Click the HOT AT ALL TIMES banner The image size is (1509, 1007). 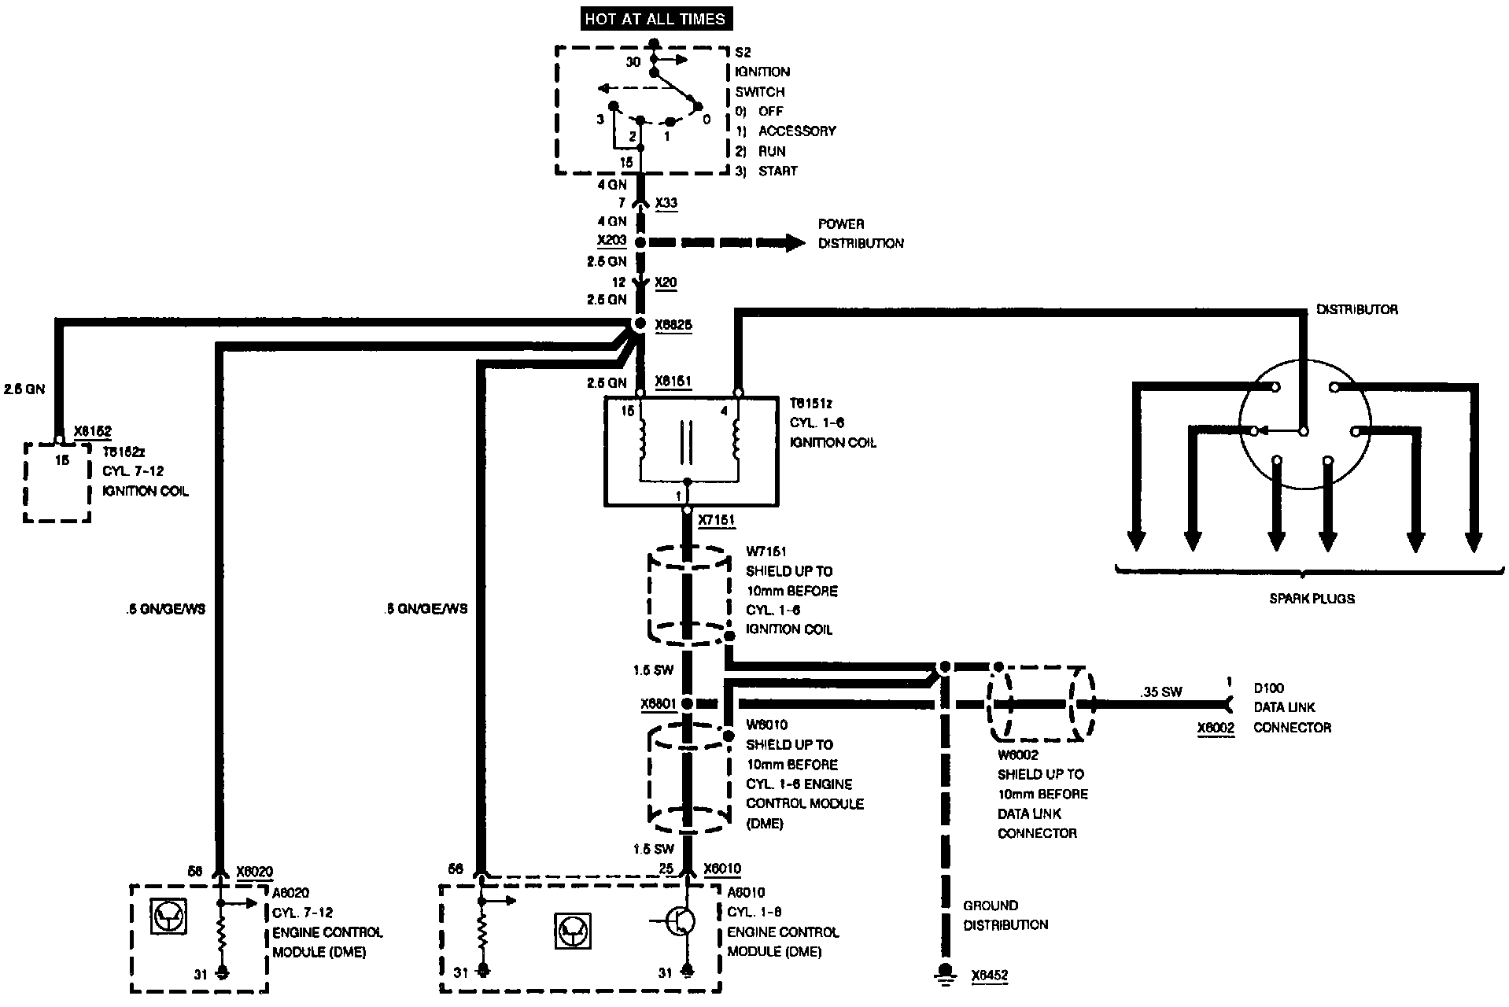655,18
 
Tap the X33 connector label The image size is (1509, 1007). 666,203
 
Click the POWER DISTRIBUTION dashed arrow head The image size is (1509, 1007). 793,243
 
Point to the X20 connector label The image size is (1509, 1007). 666,282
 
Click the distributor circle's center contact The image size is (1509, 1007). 1303,431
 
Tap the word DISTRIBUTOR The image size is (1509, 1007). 1356,310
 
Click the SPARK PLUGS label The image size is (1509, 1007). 1312,599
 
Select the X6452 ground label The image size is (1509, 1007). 989,976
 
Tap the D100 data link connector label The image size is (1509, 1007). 1268,688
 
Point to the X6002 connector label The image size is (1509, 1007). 1216,729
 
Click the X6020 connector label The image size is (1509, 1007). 255,871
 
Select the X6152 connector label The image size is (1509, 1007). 92,432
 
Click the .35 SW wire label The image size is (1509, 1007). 1160,692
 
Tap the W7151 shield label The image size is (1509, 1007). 766,552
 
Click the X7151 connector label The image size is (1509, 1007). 716,520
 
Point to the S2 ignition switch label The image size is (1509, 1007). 743,53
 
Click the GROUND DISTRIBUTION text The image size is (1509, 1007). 1005,915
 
